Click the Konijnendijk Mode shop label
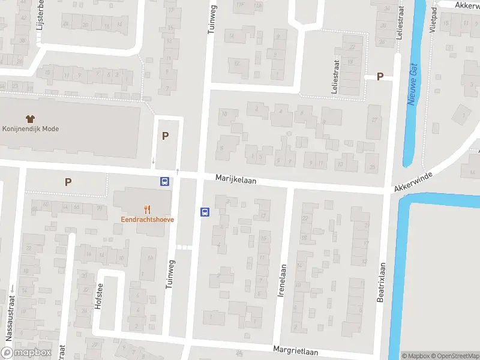tap(31, 128)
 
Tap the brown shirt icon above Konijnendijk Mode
tap(31, 119)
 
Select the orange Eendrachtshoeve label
tap(147, 220)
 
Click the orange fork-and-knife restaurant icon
tap(147, 209)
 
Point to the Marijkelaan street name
tap(236, 179)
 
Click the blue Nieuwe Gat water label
tap(413, 86)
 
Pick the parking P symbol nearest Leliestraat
tap(379, 76)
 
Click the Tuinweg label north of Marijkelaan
tap(211, 20)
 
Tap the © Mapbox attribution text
tap(415, 356)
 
